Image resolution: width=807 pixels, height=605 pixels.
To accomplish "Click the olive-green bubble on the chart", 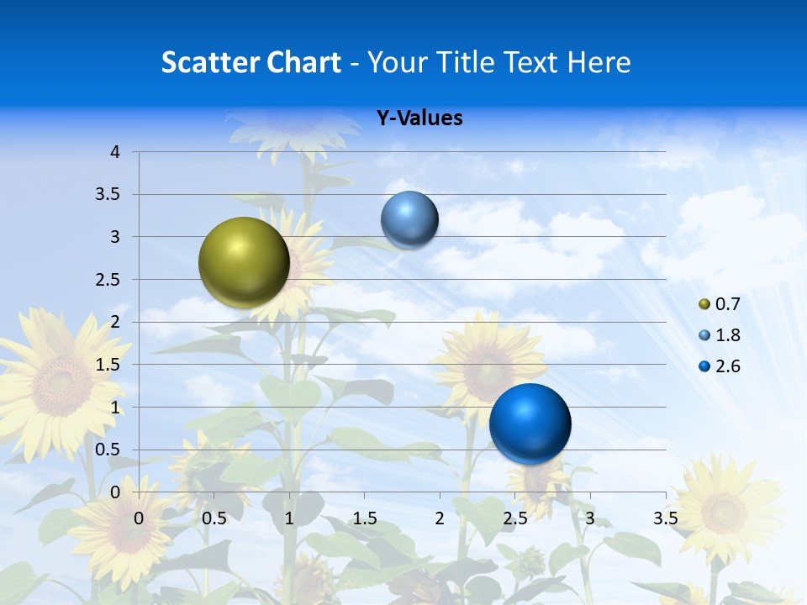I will click(x=244, y=262).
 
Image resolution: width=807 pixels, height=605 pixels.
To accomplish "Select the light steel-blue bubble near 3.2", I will click(x=409, y=220).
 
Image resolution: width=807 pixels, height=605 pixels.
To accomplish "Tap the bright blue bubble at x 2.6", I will click(x=530, y=423).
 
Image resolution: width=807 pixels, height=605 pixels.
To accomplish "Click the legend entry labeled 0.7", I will click(x=720, y=304).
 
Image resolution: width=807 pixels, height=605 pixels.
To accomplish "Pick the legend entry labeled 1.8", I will click(x=720, y=335).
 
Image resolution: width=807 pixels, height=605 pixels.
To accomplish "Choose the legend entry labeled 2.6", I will click(x=720, y=366).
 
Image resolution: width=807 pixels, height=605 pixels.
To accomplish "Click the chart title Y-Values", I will click(x=419, y=118).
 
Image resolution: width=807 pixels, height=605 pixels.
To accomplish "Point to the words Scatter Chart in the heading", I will click(x=251, y=61).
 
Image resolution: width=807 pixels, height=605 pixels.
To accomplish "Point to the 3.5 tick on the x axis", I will click(x=665, y=518).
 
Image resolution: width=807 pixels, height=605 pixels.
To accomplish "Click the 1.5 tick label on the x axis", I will click(x=365, y=518).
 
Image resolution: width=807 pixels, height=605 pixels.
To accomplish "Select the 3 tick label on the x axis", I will click(x=590, y=518).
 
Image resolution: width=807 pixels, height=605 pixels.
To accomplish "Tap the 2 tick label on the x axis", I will click(x=440, y=518).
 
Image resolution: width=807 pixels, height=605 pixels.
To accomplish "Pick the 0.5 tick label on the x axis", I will click(x=214, y=518).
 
